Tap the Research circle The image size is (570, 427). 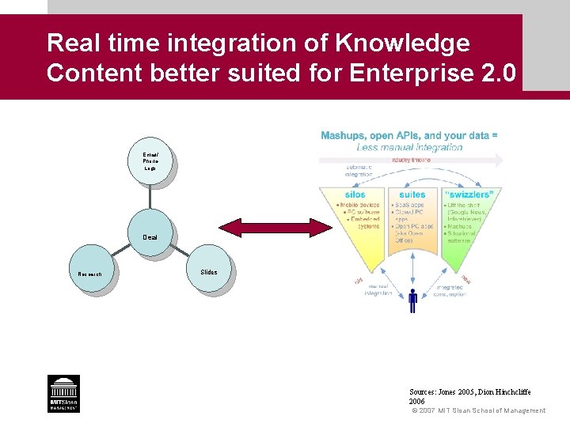(x=90, y=272)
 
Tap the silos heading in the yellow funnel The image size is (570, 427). (x=355, y=195)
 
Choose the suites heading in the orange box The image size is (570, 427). (x=412, y=195)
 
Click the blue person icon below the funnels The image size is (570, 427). (x=412, y=300)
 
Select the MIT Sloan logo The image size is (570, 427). (x=63, y=393)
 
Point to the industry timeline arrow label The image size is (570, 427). (x=412, y=160)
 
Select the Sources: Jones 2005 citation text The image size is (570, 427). (x=469, y=391)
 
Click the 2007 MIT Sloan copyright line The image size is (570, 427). (x=479, y=410)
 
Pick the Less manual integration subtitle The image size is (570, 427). (x=409, y=147)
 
